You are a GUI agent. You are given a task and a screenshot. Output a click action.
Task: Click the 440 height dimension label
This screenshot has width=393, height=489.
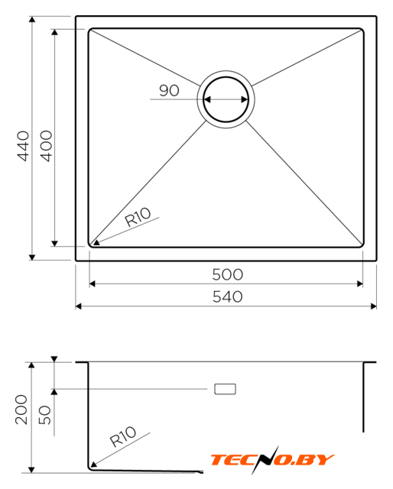click(x=24, y=146)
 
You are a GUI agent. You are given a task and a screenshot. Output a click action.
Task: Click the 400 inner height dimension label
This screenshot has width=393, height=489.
click(x=47, y=146)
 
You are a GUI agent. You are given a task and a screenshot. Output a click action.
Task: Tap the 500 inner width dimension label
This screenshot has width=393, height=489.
click(x=228, y=275)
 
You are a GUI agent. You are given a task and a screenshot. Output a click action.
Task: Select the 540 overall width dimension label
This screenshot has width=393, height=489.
click(x=228, y=297)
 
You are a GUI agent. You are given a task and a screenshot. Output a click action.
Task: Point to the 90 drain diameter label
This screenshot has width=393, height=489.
click(x=169, y=90)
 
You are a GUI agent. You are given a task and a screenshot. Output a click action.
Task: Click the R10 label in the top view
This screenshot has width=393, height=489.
click(x=138, y=216)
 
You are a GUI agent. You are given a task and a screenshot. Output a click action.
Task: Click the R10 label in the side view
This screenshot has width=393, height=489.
click(x=123, y=436)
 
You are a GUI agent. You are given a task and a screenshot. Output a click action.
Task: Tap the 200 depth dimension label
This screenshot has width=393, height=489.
click(x=21, y=410)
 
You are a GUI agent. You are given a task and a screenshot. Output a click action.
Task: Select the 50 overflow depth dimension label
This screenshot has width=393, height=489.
click(x=44, y=415)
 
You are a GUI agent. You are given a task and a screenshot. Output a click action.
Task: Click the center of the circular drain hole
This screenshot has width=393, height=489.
click(x=226, y=99)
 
